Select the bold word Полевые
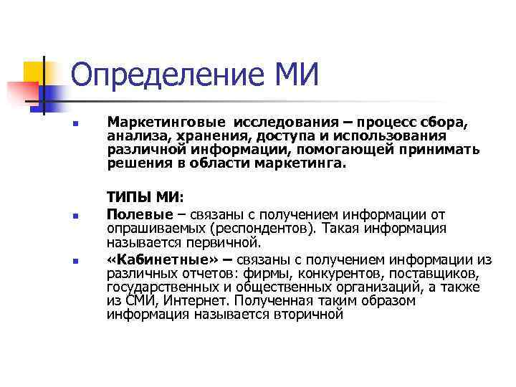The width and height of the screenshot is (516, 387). (x=140, y=214)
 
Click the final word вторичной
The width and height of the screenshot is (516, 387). (x=309, y=314)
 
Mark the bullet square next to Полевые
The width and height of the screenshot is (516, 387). (x=74, y=216)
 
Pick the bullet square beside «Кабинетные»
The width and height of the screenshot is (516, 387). (x=74, y=261)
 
